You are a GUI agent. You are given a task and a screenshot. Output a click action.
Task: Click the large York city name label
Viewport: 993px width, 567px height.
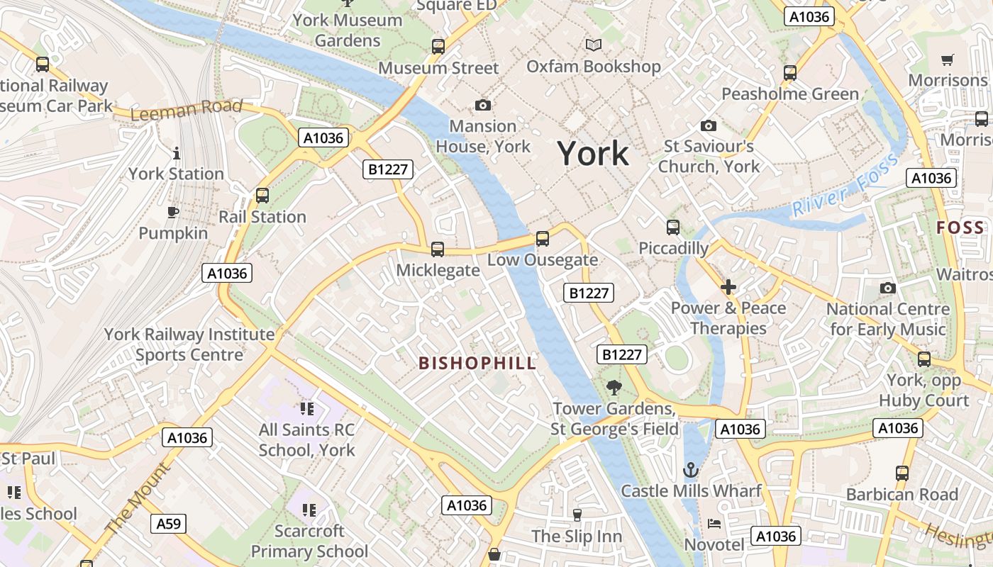pyautogui.click(x=592, y=153)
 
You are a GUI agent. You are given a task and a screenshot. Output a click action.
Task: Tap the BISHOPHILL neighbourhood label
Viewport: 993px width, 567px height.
pyautogui.click(x=477, y=364)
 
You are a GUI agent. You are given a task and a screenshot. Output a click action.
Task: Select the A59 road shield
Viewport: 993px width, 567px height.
pyautogui.click(x=168, y=524)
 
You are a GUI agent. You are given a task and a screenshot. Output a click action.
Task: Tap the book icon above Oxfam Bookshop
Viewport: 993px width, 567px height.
pyautogui.click(x=593, y=45)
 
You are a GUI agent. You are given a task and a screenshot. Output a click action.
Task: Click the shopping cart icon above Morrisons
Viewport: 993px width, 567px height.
pyautogui.click(x=947, y=60)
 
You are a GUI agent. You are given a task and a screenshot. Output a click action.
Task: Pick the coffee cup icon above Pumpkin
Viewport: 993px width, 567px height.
pyautogui.click(x=172, y=212)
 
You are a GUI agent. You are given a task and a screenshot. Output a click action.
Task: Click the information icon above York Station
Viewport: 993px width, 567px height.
pyautogui.click(x=176, y=152)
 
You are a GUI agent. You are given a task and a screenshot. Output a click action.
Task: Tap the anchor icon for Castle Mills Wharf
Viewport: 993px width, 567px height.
pyautogui.click(x=690, y=469)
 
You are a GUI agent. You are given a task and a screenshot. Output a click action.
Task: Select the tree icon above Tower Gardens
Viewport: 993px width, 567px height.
pyautogui.click(x=614, y=387)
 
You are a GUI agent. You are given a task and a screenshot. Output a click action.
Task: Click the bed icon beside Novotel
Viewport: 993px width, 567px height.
pyautogui.click(x=714, y=524)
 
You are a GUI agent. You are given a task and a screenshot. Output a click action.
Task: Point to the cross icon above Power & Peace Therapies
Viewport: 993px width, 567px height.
pyautogui.click(x=728, y=287)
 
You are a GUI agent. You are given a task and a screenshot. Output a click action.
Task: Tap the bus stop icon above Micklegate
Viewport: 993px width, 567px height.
pyautogui.click(x=438, y=249)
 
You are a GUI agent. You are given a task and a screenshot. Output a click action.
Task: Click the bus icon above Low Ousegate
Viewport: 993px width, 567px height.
pyautogui.click(x=543, y=238)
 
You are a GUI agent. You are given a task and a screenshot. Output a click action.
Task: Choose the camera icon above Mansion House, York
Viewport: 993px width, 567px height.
pyautogui.click(x=482, y=106)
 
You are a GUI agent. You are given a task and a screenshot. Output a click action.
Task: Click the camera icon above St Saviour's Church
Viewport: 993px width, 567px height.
pyautogui.click(x=708, y=125)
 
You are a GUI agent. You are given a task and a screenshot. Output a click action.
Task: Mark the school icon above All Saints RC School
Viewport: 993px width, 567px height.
pyautogui.click(x=306, y=408)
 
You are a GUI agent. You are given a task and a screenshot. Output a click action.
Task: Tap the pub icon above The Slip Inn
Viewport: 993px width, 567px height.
pyautogui.click(x=577, y=515)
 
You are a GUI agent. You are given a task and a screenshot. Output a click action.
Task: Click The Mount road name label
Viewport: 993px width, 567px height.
pyautogui.click(x=138, y=499)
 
